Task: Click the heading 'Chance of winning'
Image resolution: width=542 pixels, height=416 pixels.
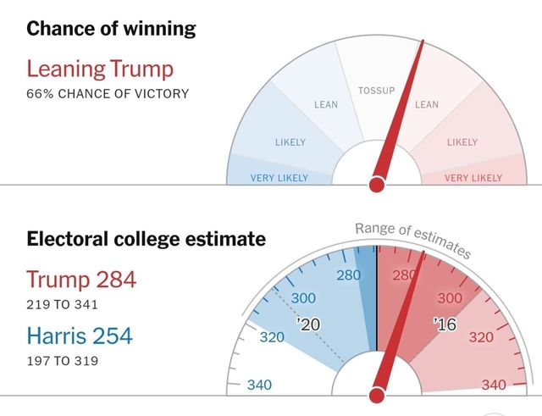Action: click(111, 29)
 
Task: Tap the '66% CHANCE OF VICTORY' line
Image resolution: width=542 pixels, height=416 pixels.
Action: click(107, 92)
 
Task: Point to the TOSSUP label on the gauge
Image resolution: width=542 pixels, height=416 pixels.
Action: click(377, 90)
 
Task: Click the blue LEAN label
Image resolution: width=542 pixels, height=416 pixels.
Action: click(326, 105)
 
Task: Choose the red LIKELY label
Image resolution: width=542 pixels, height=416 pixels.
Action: click(462, 142)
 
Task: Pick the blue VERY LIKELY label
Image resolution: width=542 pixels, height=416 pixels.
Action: click(279, 178)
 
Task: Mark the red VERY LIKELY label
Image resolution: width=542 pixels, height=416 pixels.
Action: click(473, 178)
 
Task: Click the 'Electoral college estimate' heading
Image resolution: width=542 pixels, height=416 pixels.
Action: click(146, 239)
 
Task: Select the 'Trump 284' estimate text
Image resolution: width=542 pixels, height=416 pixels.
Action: click(81, 279)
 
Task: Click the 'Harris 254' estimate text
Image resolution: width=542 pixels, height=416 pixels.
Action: click(80, 336)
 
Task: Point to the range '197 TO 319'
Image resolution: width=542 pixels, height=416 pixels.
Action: click(62, 361)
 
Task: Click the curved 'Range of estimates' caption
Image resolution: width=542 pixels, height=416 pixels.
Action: click(412, 238)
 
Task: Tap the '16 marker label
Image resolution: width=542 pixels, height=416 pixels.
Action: click(445, 324)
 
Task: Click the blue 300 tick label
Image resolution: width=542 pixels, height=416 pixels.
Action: click(303, 298)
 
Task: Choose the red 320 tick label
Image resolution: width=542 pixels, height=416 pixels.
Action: click(480, 337)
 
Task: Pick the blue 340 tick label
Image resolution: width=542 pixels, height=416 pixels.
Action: click(260, 385)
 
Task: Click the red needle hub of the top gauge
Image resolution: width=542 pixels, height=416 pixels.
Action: click(378, 182)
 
